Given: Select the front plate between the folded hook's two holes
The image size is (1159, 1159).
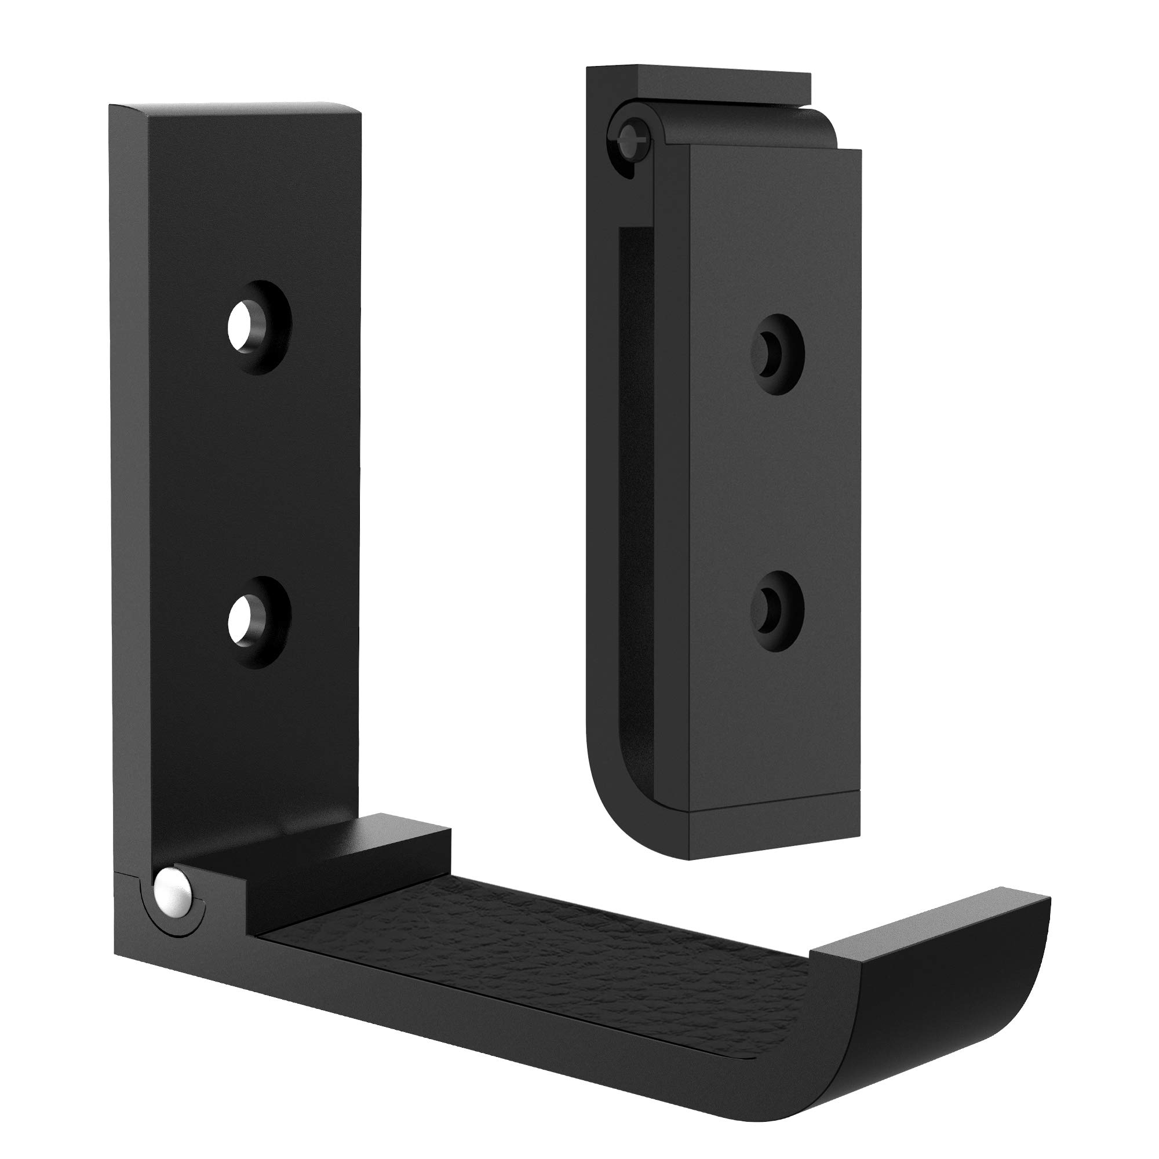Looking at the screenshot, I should click(774, 480).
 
